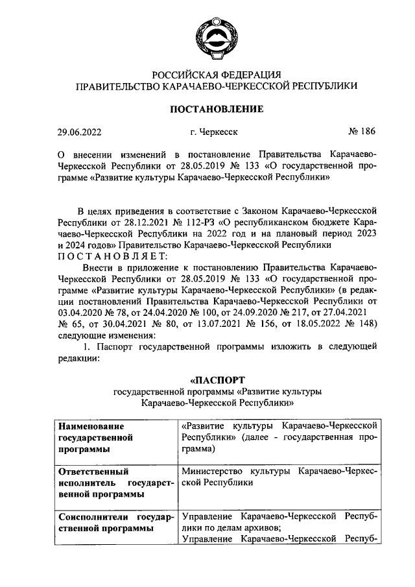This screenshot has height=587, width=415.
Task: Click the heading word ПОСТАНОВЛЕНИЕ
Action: tap(217, 108)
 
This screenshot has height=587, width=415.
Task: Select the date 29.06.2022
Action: tap(80, 132)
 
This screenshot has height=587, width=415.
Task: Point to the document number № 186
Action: tap(362, 132)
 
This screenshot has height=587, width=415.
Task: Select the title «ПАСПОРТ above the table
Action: tap(217, 379)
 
